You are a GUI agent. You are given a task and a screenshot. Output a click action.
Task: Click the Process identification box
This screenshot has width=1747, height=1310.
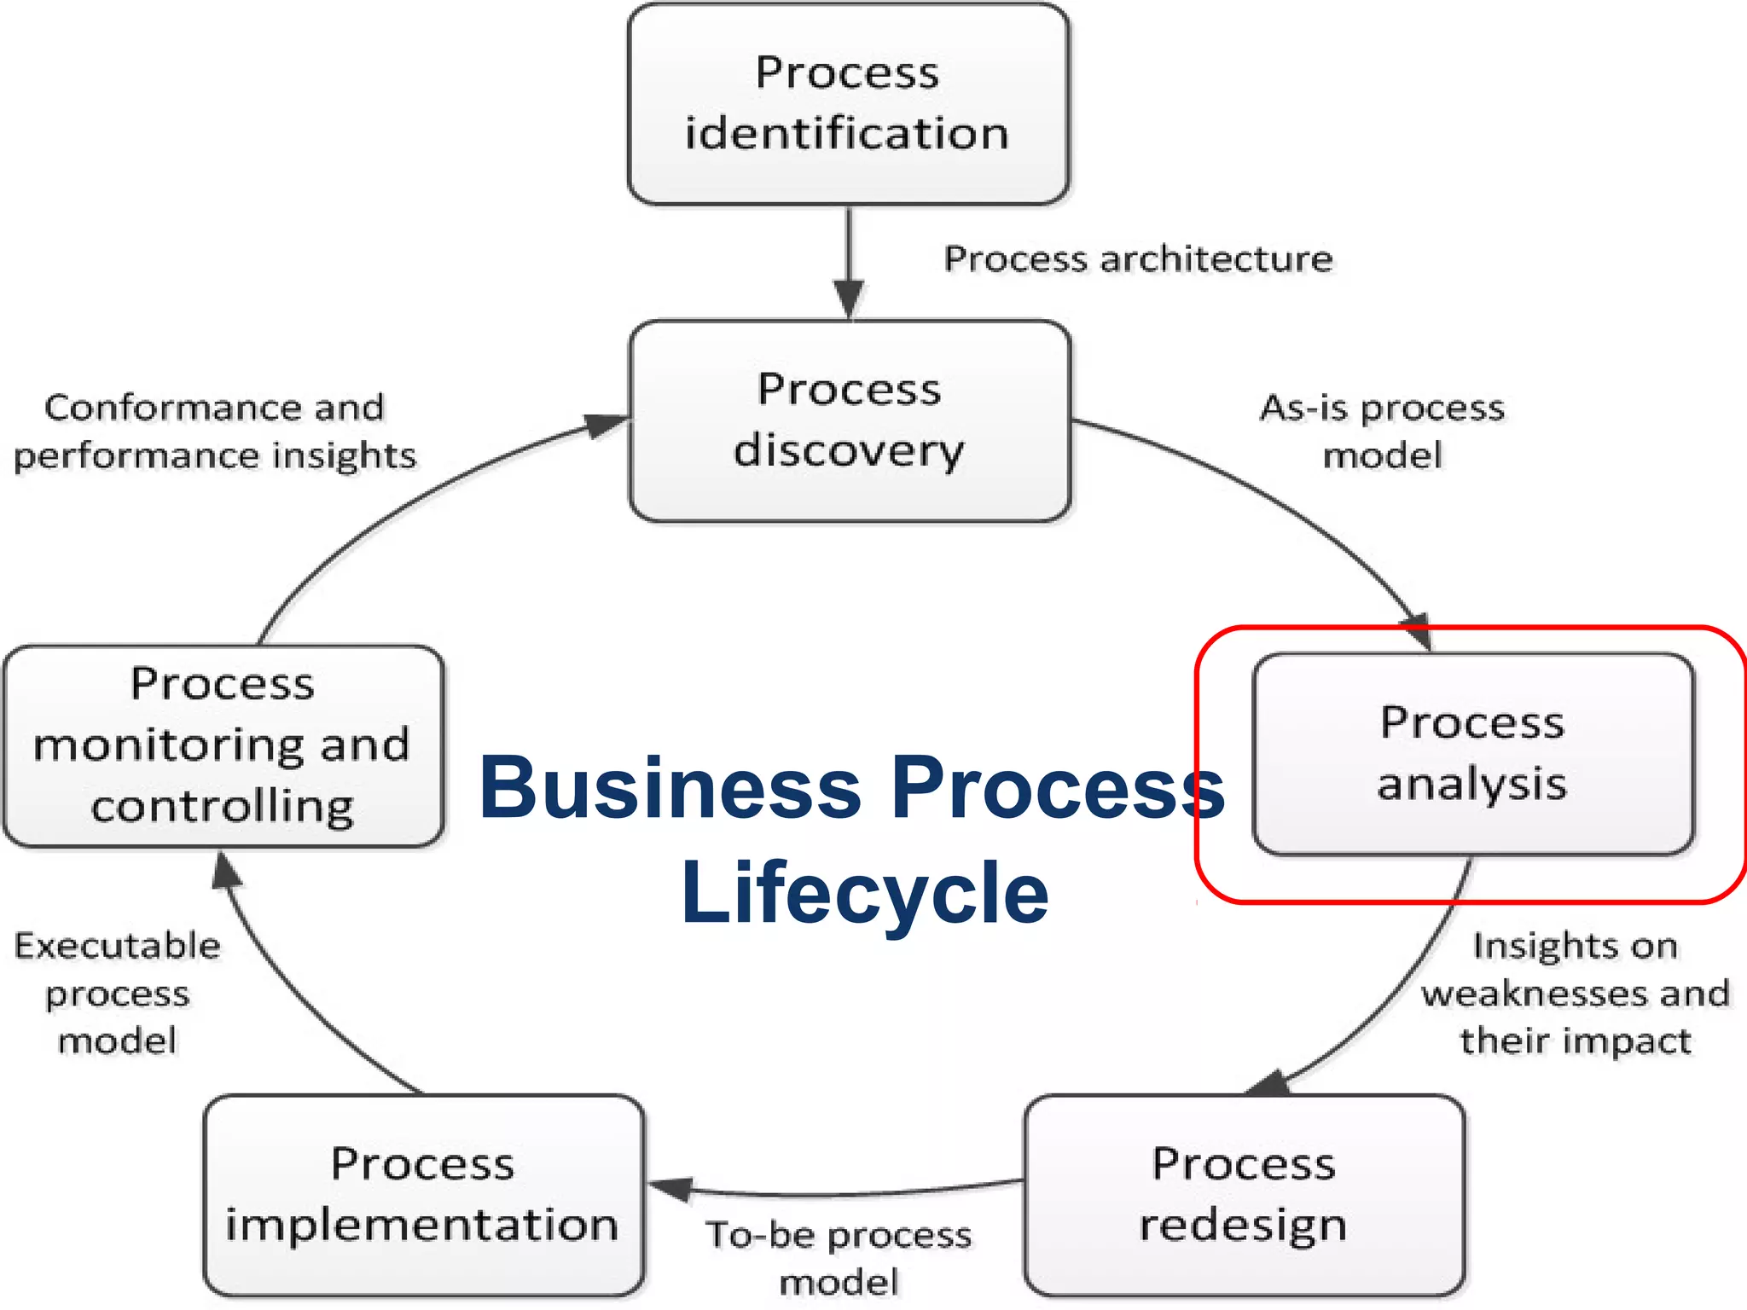tap(848, 103)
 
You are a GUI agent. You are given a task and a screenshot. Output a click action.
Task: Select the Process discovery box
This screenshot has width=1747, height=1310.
tap(850, 420)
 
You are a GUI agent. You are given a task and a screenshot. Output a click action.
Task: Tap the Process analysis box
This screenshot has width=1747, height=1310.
tap(1473, 754)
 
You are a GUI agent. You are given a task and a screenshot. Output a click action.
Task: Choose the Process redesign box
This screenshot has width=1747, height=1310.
tap(1245, 1195)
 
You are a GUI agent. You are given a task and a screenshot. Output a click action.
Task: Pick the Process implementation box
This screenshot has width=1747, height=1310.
tap(423, 1195)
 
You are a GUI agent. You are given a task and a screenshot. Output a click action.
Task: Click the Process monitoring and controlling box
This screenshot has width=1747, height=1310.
tap(223, 745)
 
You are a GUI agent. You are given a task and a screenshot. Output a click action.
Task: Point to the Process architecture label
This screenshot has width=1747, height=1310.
tap(1138, 258)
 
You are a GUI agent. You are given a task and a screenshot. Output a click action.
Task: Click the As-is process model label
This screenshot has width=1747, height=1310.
tap(1382, 432)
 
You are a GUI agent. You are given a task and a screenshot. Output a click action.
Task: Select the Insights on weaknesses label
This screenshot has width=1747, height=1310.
tap(1575, 994)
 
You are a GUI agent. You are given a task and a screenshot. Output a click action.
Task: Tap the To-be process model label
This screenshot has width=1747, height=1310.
tap(839, 1258)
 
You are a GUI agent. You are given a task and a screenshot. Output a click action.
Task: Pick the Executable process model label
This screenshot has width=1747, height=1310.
tap(118, 994)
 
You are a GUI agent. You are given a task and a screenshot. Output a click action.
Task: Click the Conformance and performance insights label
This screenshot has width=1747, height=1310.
tap(215, 432)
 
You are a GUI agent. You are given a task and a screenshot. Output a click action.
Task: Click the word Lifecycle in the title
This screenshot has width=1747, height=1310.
tap(864, 892)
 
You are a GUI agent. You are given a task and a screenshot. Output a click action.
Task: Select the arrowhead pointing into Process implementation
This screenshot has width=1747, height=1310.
tap(670, 1188)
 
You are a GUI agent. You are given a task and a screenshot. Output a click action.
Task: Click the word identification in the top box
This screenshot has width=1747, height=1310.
tap(847, 134)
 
